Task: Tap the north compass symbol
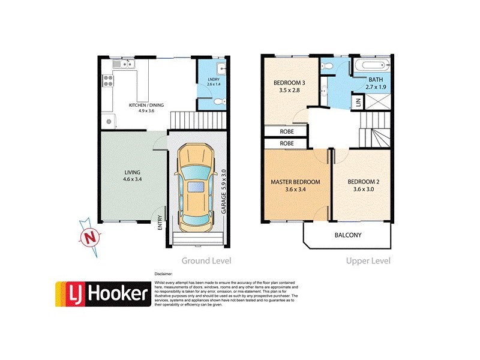90,237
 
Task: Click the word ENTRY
160,223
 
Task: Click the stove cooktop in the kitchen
109,80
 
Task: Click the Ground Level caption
206,261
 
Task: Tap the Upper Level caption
368,261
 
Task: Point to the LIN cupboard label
358,103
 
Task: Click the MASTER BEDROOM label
295,182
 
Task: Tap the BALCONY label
348,235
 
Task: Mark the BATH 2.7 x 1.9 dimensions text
376,87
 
